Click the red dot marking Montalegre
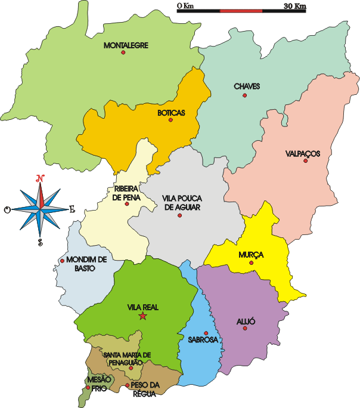pos(123,52)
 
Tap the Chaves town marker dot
pos(244,95)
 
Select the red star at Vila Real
pos(142,316)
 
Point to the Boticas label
pos(171,112)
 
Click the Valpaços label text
pos(303,153)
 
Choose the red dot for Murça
pos(252,262)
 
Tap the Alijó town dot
pos(244,328)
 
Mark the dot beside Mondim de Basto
pos(62,261)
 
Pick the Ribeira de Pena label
pos(126,193)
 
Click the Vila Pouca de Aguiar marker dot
pos(179,215)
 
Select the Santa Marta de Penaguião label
pos(128,358)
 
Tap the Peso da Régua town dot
pos(128,386)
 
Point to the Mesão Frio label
pos(98,382)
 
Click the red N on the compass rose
pos(41,178)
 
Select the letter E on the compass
pos(72,209)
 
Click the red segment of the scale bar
pos(241,11)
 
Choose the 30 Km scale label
pos(295,6)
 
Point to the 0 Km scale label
pos(186,6)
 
